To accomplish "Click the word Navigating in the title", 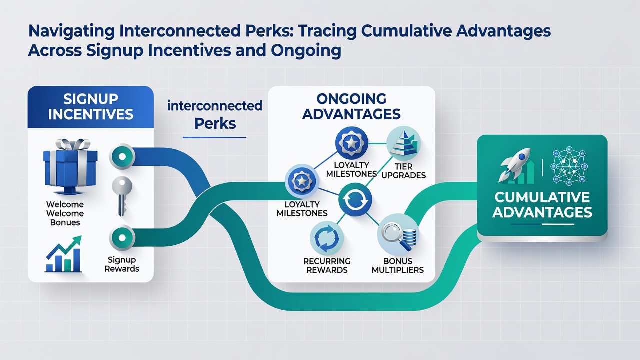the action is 71,31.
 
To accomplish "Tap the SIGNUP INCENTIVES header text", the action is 91,107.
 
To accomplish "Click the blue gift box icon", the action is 70,167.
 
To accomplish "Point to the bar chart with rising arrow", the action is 64,254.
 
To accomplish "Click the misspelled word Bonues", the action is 65,222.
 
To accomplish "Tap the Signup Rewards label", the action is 122,264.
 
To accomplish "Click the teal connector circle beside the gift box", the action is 122,157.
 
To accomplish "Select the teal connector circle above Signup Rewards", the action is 122,237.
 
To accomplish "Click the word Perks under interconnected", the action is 215,124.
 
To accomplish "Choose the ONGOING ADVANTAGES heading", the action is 351,106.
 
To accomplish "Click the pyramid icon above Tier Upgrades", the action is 403,143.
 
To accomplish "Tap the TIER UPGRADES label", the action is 403,171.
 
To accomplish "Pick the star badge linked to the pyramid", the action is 351,143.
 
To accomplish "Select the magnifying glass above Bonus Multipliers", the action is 393,235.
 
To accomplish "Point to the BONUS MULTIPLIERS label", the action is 398,265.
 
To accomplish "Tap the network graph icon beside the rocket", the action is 569,166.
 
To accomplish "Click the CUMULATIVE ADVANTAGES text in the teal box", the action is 542,205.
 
